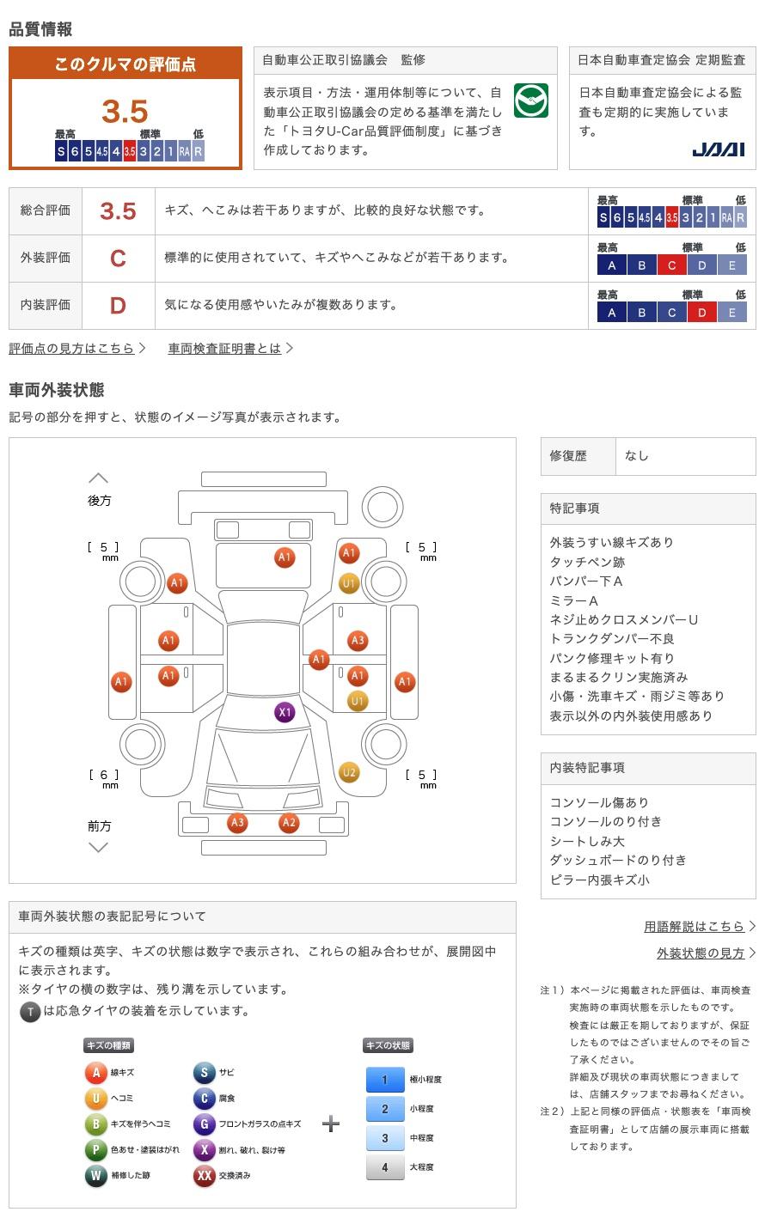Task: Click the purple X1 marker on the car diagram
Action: point(285,712)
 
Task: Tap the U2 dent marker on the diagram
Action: point(349,772)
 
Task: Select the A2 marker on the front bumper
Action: point(289,822)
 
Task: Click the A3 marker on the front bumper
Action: point(237,822)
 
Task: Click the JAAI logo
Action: point(719,149)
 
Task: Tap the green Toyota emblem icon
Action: point(531,100)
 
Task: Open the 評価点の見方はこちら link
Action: point(71,348)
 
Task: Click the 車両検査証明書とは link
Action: point(224,348)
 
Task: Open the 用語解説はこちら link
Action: point(694,926)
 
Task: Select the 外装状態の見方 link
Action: point(701,953)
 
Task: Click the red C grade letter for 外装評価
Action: point(118,259)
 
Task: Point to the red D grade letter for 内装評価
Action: point(118,306)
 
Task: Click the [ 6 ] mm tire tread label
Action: point(104,778)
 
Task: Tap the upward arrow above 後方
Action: point(99,478)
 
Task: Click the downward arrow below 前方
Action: point(99,847)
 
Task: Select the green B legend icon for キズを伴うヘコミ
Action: point(95,1124)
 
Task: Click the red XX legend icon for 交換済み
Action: point(204,1175)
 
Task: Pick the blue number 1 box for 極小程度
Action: point(385,1080)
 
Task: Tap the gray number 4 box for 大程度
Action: point(385,1167)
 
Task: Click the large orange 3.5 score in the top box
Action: point(125,112)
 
